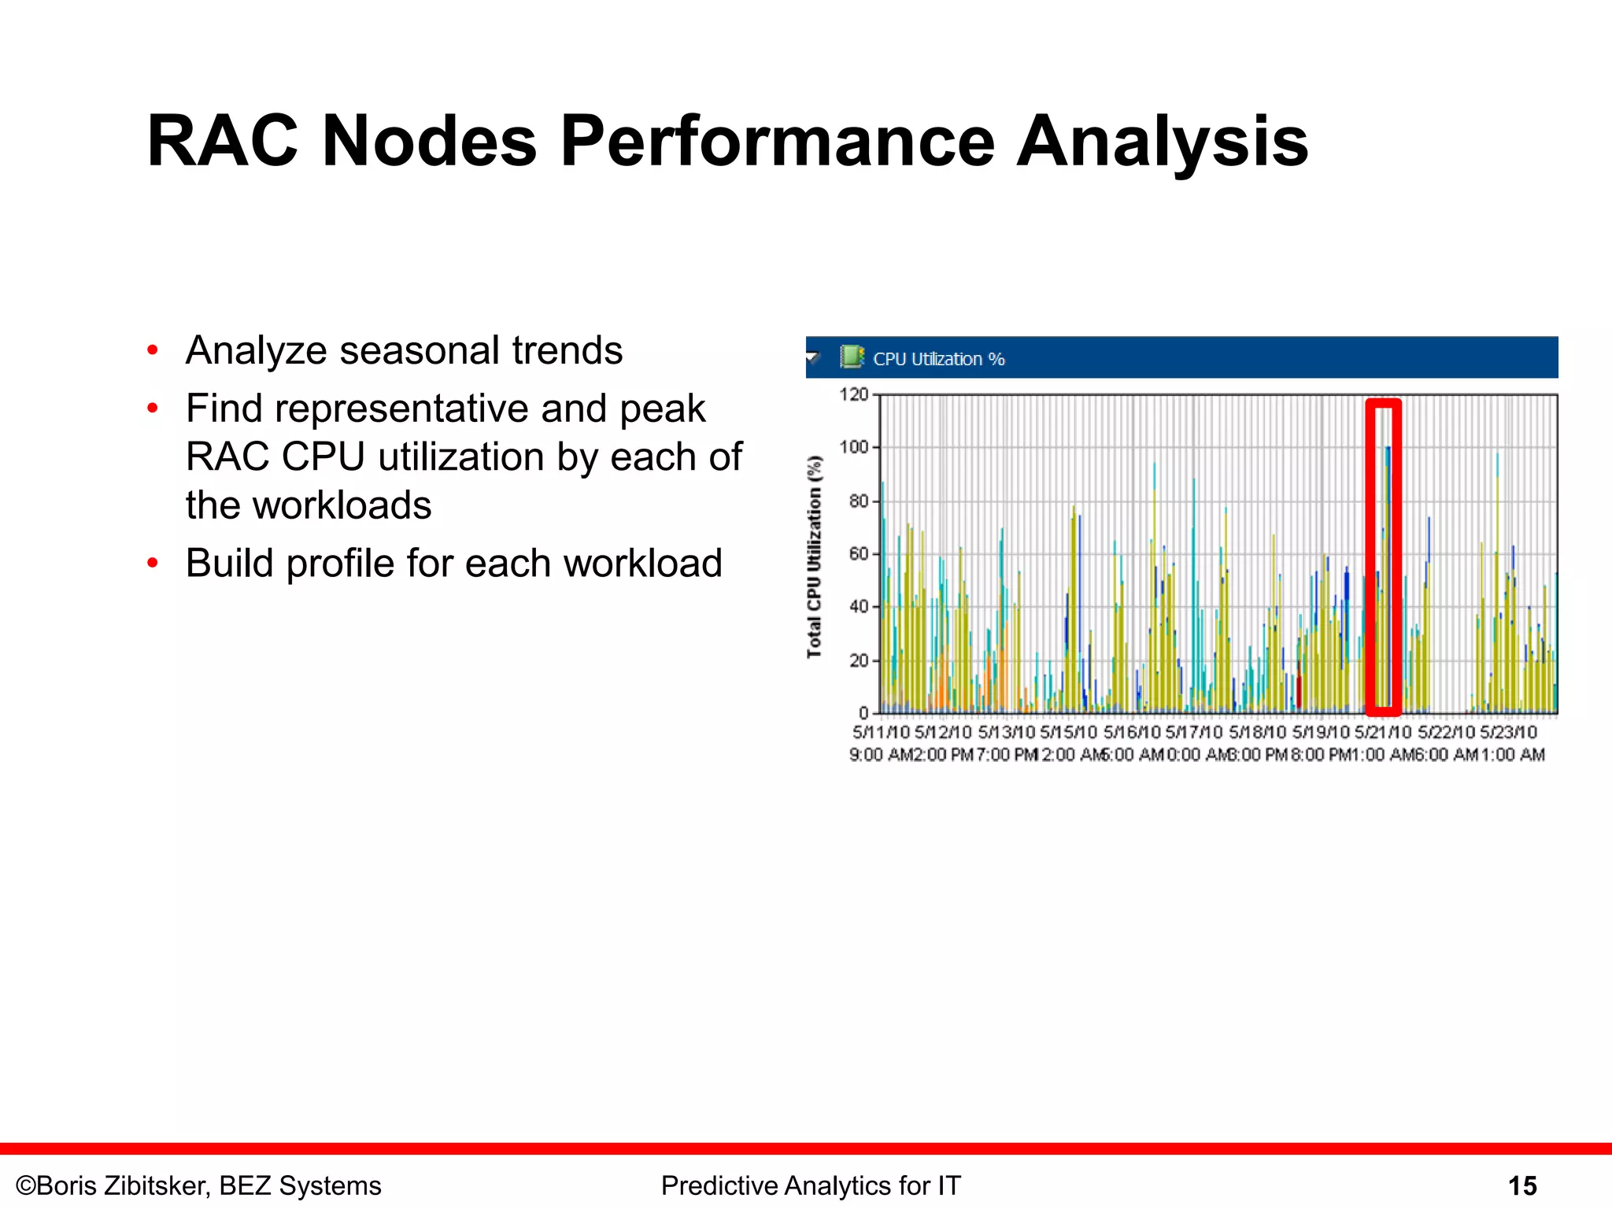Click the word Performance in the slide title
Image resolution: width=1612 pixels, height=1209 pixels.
point(777,142)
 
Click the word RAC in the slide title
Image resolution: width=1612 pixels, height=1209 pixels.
point(223,142)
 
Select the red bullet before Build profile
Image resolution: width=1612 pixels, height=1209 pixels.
point(153,563)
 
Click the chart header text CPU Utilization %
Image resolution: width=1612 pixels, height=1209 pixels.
point(938,359)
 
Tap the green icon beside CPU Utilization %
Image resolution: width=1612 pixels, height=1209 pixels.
point(851,357)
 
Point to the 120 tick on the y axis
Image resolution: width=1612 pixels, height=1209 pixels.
point(853,394)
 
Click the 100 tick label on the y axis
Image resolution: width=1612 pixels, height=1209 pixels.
point(853,447)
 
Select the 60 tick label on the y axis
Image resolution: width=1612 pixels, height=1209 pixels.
point(858,553)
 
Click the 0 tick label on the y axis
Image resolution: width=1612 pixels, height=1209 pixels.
point(863,712)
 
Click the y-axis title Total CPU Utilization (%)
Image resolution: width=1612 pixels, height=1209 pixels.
point(814,556)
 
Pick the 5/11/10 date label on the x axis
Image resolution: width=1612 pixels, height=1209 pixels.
point(881,732)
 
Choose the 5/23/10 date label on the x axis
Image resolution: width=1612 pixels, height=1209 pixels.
point(1508,732)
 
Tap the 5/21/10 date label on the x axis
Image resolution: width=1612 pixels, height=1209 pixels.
point(1382,732)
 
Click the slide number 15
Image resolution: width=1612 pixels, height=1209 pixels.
point(1521,1185)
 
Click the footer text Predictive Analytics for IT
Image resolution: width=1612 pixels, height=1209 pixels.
point(811,1185)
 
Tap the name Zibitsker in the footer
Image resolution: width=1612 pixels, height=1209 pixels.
point(148,1185)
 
